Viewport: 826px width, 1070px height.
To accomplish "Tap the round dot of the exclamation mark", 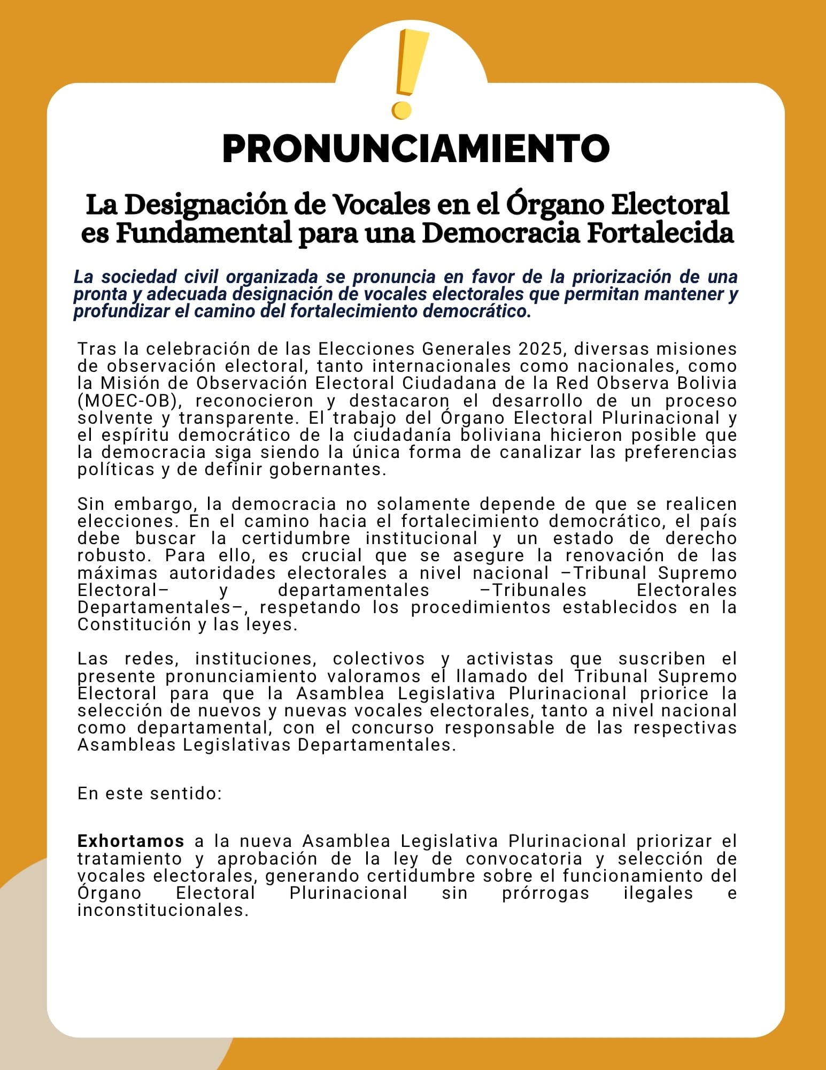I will coord(402,111).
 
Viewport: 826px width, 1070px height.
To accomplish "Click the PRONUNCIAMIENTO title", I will coord(415,149).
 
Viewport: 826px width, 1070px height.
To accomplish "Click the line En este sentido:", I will coord(150,793).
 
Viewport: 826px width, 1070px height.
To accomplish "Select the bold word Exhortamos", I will coord(131,841).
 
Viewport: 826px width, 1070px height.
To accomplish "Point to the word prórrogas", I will coord(545,893).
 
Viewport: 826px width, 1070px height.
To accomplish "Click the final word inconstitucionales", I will coord(163,910).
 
